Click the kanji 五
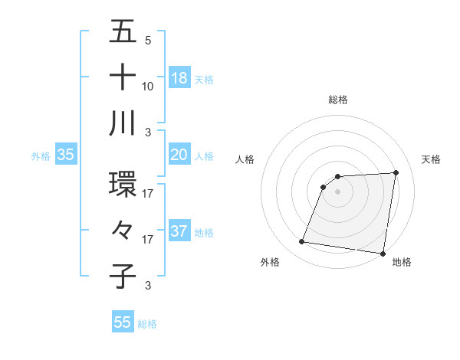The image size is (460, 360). coord(123,33)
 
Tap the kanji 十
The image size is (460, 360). coord(123,78)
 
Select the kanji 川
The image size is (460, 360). coord(123,123)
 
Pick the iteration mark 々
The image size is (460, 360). coord(123,231)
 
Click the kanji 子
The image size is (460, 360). coord(123,277)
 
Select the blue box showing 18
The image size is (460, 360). coord(179,78)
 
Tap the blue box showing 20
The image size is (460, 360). coord(179,155)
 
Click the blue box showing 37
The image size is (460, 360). coord(179,231)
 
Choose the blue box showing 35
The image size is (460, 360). coord(65,155)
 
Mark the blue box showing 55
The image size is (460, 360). coord(123,322)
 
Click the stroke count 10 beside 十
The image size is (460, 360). coord(148,87)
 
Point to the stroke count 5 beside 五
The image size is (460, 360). coord(148,41)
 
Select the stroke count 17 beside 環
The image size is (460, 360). coord(148,194)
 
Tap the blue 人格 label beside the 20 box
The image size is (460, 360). coord(204,155)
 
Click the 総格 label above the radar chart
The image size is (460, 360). coord(338,100)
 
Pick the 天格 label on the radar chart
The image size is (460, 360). coord(432,159)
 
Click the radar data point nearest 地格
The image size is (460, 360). coord(383,254)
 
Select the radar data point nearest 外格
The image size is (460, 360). coord(302,242)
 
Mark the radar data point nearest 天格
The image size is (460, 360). coord(396,172)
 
